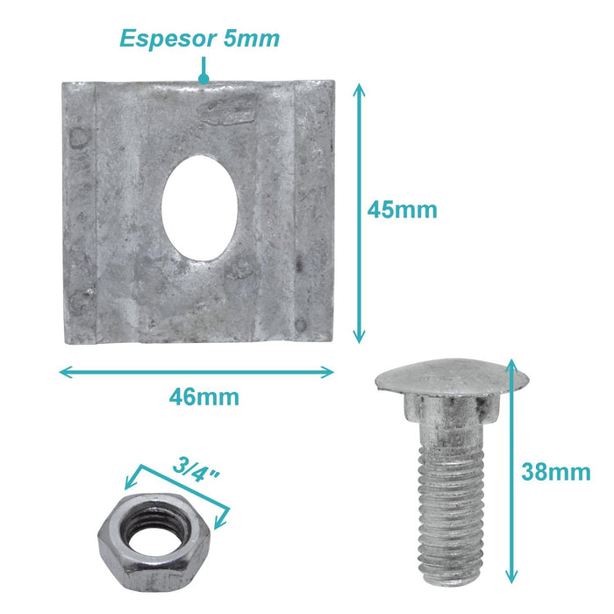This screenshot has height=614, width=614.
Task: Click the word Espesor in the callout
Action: pyautogui.click(x=168, y=39)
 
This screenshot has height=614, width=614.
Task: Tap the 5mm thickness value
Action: pyautogui.click(x=251, y=39)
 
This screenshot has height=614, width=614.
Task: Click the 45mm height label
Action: pyautogui.click(x=402, y=210)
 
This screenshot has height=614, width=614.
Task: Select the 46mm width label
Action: pyautogui.click(x=204, y=397)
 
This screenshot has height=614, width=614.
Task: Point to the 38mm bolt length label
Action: pyautogui.click(x=555, y=472)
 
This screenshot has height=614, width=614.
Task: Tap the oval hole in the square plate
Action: pyautogui.click(x=200, y=208)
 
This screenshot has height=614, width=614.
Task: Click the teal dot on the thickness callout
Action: pyautogui.click(x=203, y=79)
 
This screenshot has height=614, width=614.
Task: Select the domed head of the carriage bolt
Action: pyautogui.click(x=452, y=377)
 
